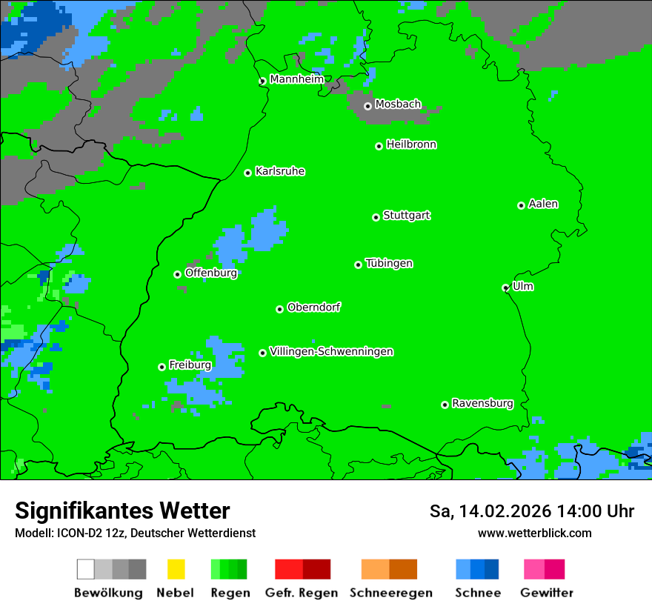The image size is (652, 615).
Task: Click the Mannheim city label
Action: [x=296, y=79]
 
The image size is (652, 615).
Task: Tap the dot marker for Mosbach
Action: [x=367, y=106]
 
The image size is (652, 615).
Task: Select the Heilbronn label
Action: [x=411, y=144]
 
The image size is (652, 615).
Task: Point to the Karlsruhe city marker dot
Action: [x=248, y=173]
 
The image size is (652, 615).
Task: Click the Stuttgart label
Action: [x=406, y=216]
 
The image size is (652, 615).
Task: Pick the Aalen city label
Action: [x=543, y=204]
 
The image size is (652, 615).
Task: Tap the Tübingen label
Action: [x=389, y=263]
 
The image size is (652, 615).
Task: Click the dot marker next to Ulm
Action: [x=506, y=287]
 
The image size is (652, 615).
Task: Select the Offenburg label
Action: [x=211, y=273]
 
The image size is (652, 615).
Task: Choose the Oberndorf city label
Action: [x=314, y=307]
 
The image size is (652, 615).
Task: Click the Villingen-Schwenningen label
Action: [x=331, y=351]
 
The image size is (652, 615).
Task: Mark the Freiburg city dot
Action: [x=162, y=367]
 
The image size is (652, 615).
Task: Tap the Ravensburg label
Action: [x=482, y=403]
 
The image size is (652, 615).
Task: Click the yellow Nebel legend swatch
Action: [x=176, y=569]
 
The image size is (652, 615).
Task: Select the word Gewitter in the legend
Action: [x=547, y=593]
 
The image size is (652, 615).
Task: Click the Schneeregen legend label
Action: [x=391, y=593]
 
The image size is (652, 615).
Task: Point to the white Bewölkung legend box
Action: [x=86, y=569]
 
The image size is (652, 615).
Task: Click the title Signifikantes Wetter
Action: [x=122, y=511]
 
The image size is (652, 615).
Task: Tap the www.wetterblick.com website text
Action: [x=535, y=533]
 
